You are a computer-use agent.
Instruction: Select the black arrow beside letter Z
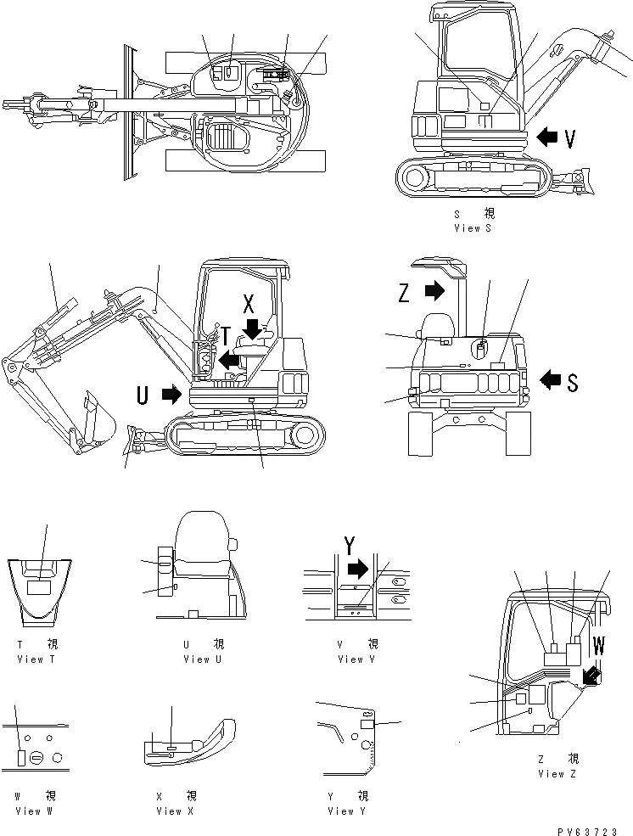tap(433, 291)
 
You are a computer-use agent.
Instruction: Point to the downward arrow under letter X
tap(251, 327)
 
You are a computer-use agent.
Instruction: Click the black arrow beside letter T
tap(227, 361)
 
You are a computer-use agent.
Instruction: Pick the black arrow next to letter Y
tap(360, 568)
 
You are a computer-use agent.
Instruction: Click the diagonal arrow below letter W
tap(591, 675)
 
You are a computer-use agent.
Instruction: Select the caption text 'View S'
tap(473, 228)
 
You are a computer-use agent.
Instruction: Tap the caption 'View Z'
tap(557, 773)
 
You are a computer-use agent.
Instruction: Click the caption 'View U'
tap(201, 659)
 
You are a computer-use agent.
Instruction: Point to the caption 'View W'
tap(33, 811)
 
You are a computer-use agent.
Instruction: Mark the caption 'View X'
tap(175, 811)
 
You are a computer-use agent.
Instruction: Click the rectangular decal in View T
tap(39, 586)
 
